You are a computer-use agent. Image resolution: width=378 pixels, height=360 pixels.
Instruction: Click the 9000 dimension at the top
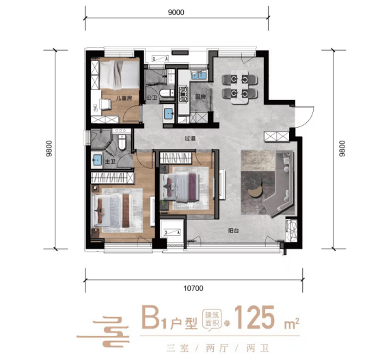(176, 12)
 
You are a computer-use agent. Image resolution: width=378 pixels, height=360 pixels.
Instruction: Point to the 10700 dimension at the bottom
(193, 288)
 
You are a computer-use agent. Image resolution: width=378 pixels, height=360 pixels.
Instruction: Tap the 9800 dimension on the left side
(49, 149)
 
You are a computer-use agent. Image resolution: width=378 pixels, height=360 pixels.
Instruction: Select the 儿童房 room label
(124, 98)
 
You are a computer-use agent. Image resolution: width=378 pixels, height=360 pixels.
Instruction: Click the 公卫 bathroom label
(152, 98)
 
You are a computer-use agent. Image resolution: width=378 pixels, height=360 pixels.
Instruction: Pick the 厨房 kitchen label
(200, 97)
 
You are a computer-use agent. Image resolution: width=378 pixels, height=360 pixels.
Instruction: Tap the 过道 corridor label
(190, 138)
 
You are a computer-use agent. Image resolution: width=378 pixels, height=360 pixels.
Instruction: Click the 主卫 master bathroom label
(110, 161)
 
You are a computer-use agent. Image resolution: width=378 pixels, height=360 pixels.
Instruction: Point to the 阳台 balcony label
(233, 231)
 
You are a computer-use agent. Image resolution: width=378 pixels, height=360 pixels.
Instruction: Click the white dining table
(240, 87)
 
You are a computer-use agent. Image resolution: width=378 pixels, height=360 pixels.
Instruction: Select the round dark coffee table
(252, 181)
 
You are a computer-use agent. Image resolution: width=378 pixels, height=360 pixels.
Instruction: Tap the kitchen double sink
(199, 75)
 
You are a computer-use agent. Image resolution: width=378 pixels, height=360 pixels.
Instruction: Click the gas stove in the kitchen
(183, 94)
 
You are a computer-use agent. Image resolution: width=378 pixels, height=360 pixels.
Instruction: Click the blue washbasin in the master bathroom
(97, 161)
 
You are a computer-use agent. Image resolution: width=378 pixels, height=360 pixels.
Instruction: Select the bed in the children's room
(119, 75)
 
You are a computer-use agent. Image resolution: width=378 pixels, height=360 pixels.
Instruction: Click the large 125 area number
(254, 318)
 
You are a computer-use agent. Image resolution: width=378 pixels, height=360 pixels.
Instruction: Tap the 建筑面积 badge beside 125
(212, 319)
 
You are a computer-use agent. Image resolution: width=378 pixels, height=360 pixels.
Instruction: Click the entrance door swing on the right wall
(304, 117)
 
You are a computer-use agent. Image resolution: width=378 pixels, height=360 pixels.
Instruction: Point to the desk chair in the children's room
(105, 105)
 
